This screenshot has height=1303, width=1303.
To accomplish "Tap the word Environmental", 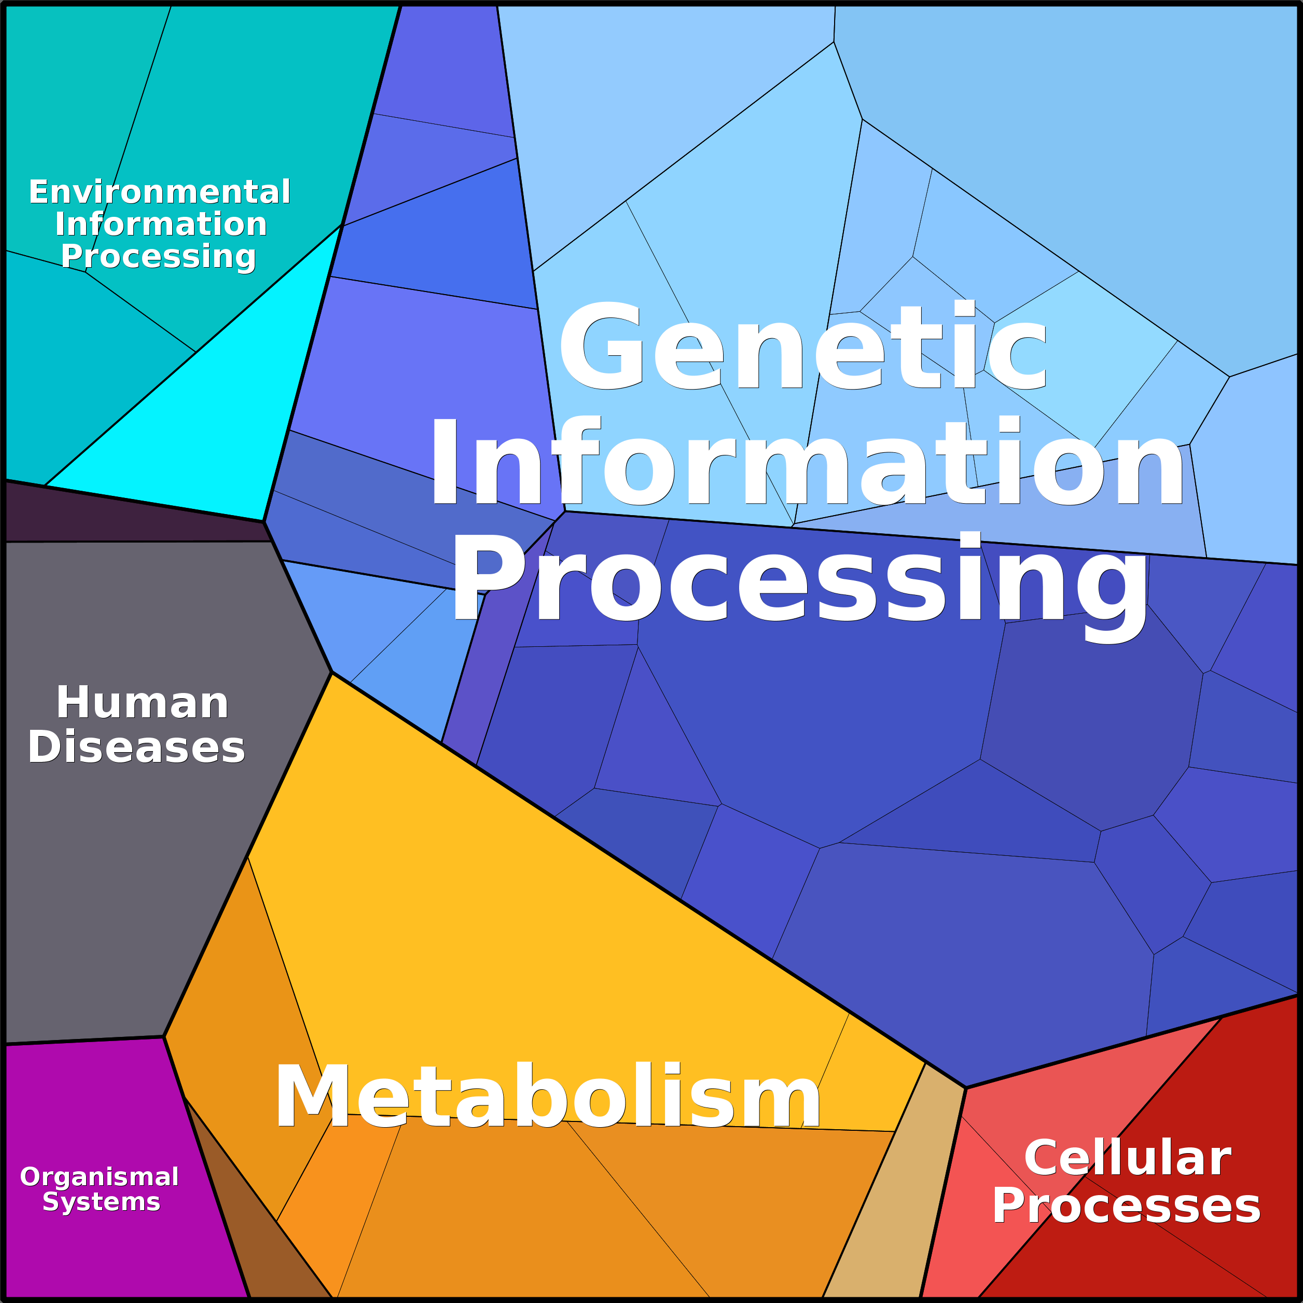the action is click(159, 192).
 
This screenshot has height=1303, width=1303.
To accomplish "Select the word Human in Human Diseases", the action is click(142, 703).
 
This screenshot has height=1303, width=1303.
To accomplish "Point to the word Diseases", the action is click(136, 747).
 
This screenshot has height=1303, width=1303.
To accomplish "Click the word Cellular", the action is click(1128, 1159).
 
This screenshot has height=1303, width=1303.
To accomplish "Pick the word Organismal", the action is click(99, 1177).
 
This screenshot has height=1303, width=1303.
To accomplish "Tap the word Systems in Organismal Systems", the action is click(101, 1202).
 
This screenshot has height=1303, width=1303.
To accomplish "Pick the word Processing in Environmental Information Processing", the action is click(159, 257).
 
